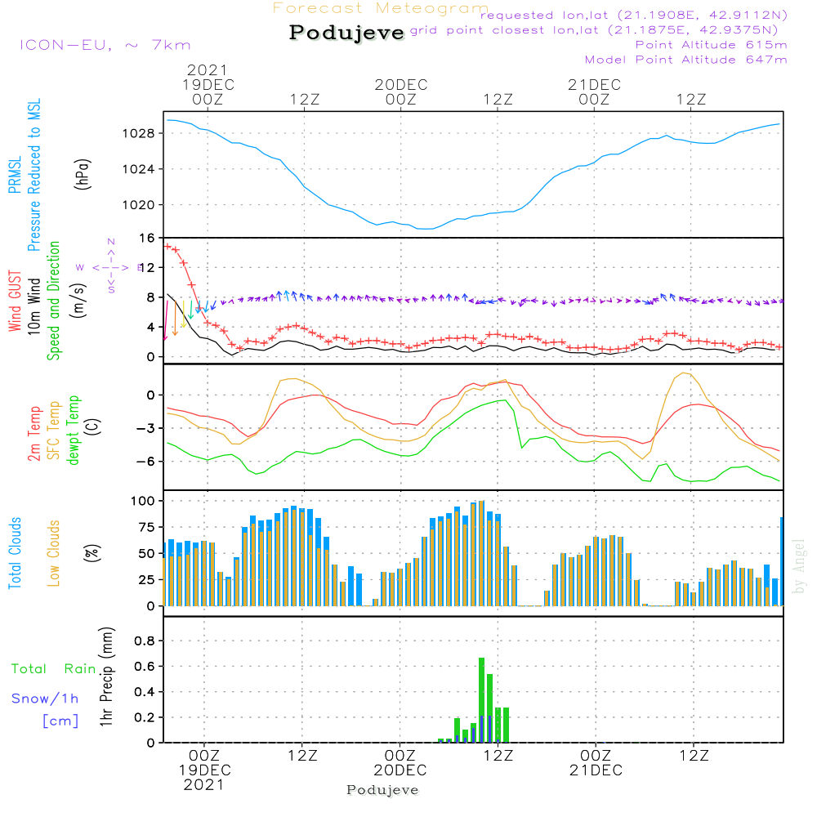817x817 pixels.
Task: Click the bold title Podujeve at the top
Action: click(347, 33)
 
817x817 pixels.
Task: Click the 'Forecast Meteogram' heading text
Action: click(381, 8)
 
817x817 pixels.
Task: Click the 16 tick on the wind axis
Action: click(147, 239)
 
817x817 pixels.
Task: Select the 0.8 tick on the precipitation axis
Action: click(144, 641)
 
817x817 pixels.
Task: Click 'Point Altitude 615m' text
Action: click(711, 45)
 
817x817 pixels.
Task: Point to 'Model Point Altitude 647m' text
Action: click(686, 60)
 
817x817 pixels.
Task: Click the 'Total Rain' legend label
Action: click(53, 669)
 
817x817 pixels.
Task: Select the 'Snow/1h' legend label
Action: click(45, 699)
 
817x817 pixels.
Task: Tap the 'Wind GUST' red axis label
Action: click(15, 303)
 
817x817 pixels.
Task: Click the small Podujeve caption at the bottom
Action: click(382, 790)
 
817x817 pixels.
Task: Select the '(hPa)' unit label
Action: click(82, 173)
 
